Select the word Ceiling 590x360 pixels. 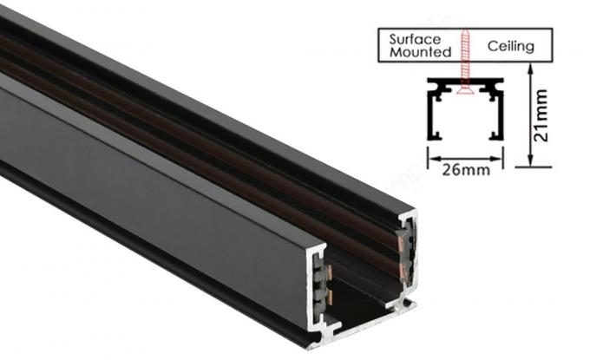pyautogui.click(x=511, y=45)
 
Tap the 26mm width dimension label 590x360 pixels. pyautogui.click(x=465, y=170)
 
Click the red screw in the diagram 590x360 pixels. pyautogui.click(x=466, y=65)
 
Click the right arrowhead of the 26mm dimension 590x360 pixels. pyautogui.click(x=501, y=158)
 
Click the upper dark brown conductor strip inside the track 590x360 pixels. pyautogui.click(x=174, y=105)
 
